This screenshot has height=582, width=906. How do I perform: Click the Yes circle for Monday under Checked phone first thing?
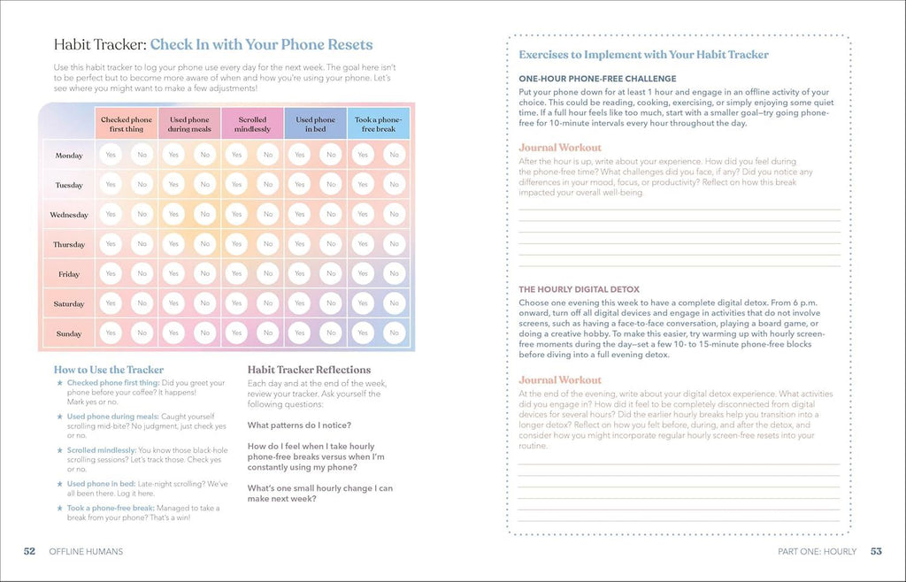click(111, 155)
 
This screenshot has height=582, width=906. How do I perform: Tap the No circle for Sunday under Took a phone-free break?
click(394, 333)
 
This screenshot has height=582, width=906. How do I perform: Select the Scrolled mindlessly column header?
click(252, 124)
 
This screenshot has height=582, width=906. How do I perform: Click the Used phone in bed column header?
click(316, 124)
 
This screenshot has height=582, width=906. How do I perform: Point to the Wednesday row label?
click(69, 215)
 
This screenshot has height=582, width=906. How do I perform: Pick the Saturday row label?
click(69, 304)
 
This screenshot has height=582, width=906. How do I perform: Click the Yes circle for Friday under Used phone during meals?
click(173, 273)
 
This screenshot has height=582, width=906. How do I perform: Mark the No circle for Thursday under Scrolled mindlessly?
click(268, 244)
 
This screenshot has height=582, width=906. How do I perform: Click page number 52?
click(29, 551)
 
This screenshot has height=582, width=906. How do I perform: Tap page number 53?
click(876, 551)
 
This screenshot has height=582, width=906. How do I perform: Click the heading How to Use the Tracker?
click(109, 370)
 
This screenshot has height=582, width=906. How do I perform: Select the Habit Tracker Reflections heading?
click(309, 370)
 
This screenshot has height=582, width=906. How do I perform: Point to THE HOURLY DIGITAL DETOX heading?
click(579, 289)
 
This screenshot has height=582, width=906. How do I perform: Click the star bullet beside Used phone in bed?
click(59, 484)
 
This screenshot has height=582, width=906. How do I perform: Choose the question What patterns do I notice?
click(299, 425)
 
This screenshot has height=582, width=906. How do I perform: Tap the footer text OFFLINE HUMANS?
click(86, 551)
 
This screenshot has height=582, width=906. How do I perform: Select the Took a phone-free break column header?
click(379, 124)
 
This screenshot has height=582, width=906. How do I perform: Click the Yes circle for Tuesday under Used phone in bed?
click(300, 185)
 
